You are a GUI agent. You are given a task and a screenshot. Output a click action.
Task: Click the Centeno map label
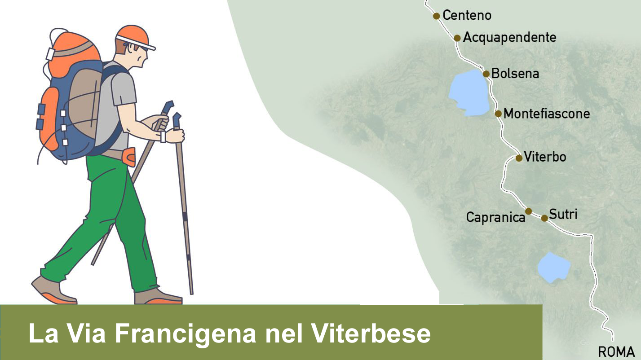point(467,15)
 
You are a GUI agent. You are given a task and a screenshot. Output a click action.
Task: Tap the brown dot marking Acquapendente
point(457,38)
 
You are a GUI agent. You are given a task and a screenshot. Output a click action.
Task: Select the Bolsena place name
point(515,74)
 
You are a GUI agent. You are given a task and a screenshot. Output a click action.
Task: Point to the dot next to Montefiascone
point(498,114)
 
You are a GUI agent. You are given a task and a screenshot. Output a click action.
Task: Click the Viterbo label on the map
point(545,157)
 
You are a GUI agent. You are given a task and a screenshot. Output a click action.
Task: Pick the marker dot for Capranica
point(528,211)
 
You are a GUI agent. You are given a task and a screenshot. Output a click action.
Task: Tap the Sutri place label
point(563,214)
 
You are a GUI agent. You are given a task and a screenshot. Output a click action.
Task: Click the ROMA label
point(616,352)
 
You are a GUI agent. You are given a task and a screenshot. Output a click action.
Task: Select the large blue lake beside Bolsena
point(469,92)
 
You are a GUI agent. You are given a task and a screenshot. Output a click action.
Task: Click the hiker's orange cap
point(134,37)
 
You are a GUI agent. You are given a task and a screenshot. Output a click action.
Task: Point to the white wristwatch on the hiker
point(163,136)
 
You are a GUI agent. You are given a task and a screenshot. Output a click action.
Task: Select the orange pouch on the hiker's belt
point(129,157)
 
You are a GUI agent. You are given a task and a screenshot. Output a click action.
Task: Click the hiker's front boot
point(158,297)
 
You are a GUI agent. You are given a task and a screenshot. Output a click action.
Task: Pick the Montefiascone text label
point(547,114)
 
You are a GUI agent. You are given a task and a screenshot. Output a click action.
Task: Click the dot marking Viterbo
point(519,158)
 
